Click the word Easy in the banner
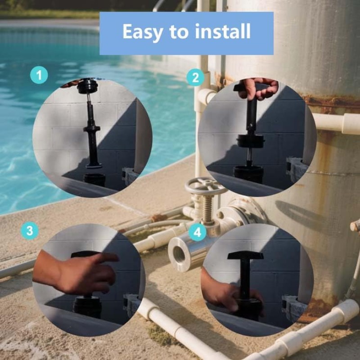(143, 32)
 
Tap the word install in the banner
(222, 31)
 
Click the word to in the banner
(179, 32)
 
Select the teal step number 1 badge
(39, 75)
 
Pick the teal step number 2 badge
(195, 77)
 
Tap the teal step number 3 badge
(30, 231)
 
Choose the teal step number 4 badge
(198, 232)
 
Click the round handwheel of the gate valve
(206, 185)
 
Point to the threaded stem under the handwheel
(208, 210)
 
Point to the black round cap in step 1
(87, 86)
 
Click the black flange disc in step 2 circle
(251, 140)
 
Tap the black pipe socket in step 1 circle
(94, 180)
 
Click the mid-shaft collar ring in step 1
(92, 128)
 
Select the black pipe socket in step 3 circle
(87, 307)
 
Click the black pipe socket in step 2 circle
(248, 175)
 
